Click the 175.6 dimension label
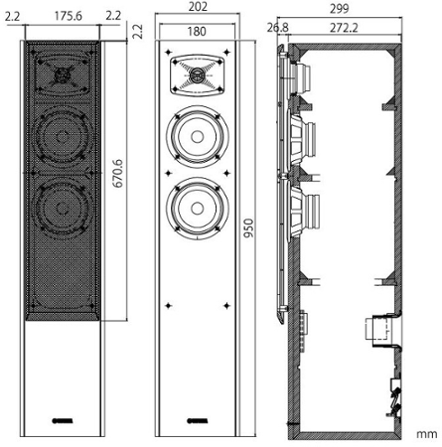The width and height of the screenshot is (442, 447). (x=69, y=16)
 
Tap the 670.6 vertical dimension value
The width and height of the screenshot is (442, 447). (x=117, y=174)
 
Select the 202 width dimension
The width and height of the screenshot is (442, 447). (x=198, y=6)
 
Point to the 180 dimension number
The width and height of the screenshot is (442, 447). (x=197, y=31)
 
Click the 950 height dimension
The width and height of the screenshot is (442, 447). (x=248, y=227)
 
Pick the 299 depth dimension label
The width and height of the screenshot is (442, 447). (x=340, y=9)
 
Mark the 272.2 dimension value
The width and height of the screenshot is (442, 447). (x=344, y=28)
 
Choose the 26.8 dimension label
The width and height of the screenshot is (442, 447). (x=277, y=28)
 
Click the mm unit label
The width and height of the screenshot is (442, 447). (x=427, y=434)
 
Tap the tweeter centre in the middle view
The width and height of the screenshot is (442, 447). (x=197, y=74)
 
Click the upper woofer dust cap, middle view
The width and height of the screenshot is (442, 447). (x=197, y=137)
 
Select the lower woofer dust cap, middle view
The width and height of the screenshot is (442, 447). (x=197, y=209)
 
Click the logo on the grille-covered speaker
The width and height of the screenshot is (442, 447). (x=63, y=421)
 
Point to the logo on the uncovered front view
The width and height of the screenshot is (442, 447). (x=198, y=421)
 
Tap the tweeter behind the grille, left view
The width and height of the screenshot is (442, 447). (x=62, y=74)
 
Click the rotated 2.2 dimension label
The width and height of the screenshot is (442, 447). (x=138, y=32)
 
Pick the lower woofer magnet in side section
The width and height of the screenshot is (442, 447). (x=311, y=213)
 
